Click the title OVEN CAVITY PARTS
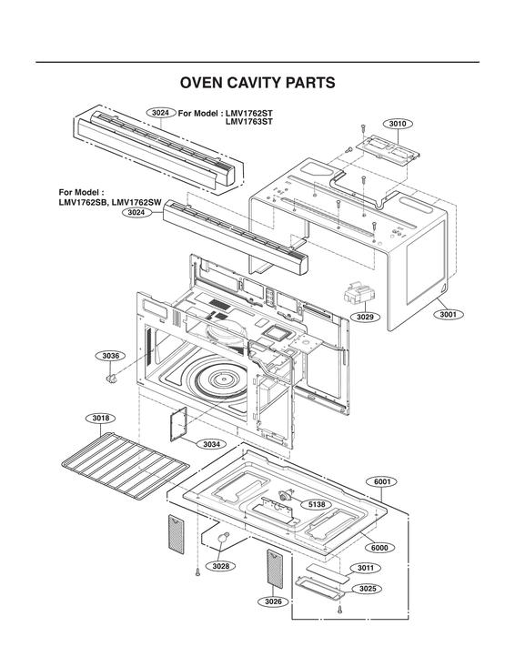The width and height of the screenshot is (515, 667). [257, 83]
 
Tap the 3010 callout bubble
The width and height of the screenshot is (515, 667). [397, 123]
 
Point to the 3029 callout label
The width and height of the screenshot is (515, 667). [367, 317]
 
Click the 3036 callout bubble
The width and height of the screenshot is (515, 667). [111, 356]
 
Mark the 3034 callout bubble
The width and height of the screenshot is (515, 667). [211, 444]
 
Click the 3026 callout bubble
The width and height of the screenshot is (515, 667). [273, 601]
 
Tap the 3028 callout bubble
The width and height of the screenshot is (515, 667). [221, 566]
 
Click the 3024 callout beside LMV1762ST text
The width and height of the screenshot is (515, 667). [160, 113]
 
